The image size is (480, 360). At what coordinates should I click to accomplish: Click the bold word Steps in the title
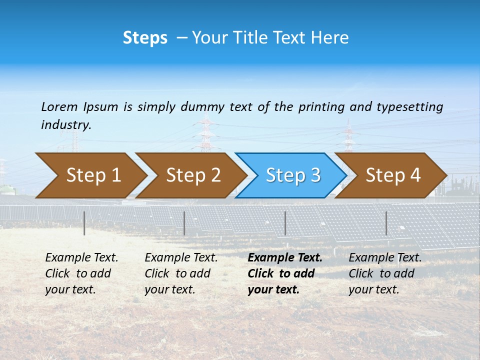pos(145,38)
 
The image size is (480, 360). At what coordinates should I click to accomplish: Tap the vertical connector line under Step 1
pos(84,223)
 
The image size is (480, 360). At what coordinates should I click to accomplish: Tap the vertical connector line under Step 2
pos(184,223)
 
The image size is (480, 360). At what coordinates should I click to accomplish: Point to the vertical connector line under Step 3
pos(285,223)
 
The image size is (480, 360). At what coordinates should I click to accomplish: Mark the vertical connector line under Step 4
pos(386,223)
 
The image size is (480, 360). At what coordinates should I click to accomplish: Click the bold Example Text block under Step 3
pos(284,273)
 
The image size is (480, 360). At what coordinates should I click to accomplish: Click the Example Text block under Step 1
pos(81,273)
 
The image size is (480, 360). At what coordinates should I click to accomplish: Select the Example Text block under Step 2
pos(181,273)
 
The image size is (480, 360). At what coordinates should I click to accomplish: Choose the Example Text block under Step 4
pos(385,273)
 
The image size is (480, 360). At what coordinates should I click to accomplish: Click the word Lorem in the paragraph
pos(59,107)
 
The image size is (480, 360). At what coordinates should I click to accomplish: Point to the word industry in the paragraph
pos(65,125)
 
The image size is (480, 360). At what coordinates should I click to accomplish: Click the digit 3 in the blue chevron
pos(314,175)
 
